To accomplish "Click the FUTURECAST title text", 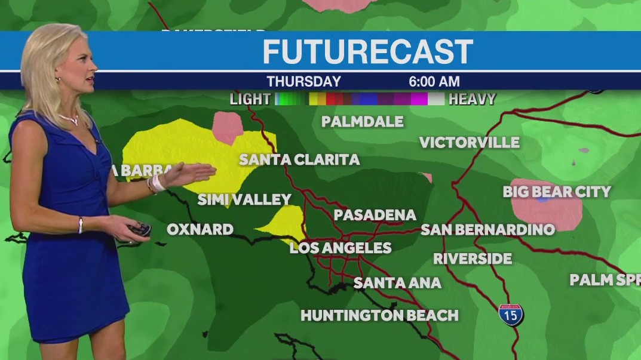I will click(x=367, y=52).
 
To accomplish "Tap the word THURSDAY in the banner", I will click(x=303, y=82).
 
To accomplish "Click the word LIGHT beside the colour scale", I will click(x=250, y=99).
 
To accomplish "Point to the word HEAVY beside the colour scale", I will click(x=472, y=99).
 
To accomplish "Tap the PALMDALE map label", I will click(x=362, y=122).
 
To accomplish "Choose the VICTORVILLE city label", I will click(x=469, y=143).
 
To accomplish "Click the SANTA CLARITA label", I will click(x=299, y=160).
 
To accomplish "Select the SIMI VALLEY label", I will click(x=244, y=199).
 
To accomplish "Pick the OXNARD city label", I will click(x=200, y=229).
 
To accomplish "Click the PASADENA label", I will click(x=375, y=215).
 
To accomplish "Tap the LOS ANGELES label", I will click(x=341, y=248).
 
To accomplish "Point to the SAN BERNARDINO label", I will click(x=487, y=230).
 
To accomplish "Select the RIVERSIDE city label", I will click(x=473, y=259).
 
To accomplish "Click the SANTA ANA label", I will click(x=397, y=282).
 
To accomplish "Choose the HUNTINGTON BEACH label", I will click(x=379, y=315).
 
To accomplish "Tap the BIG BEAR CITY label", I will click(x=556, y=192).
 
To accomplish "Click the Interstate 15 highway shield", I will click(x=510, y=314).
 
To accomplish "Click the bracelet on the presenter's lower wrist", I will click(x=81, y=225).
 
